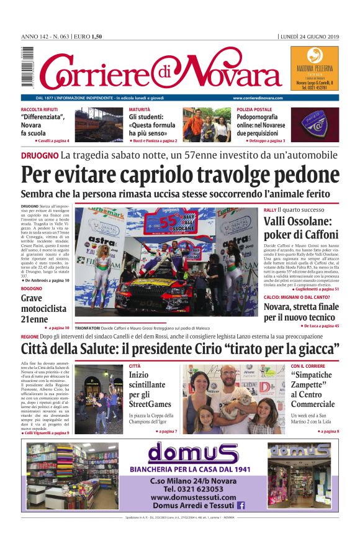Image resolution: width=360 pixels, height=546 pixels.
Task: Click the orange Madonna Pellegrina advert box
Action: tap(314, 69)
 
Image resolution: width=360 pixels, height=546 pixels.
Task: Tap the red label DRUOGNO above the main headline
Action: tap(39, 155)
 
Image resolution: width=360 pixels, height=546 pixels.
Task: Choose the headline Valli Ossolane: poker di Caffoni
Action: tap(300, 227)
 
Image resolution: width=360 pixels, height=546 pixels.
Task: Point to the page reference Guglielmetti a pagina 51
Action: tap(312, 289)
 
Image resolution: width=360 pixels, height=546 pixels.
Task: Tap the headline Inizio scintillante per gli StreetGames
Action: tap(150, 389)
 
